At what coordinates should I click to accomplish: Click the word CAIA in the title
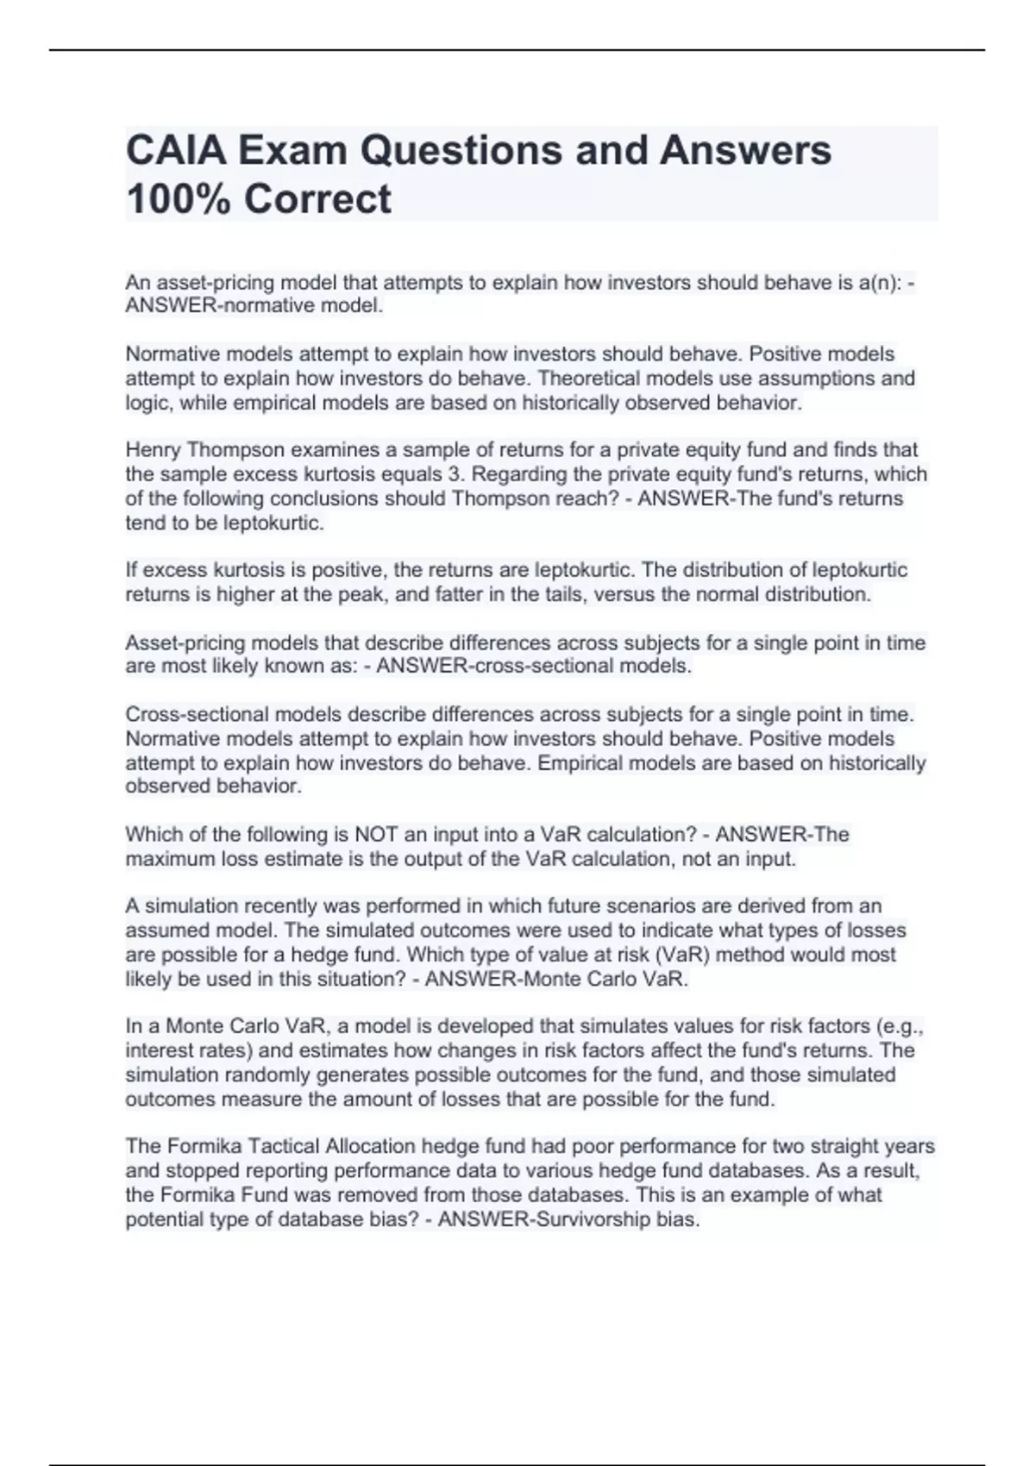tap(175, 150)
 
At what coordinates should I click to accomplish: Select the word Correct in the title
tap(317, 198)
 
